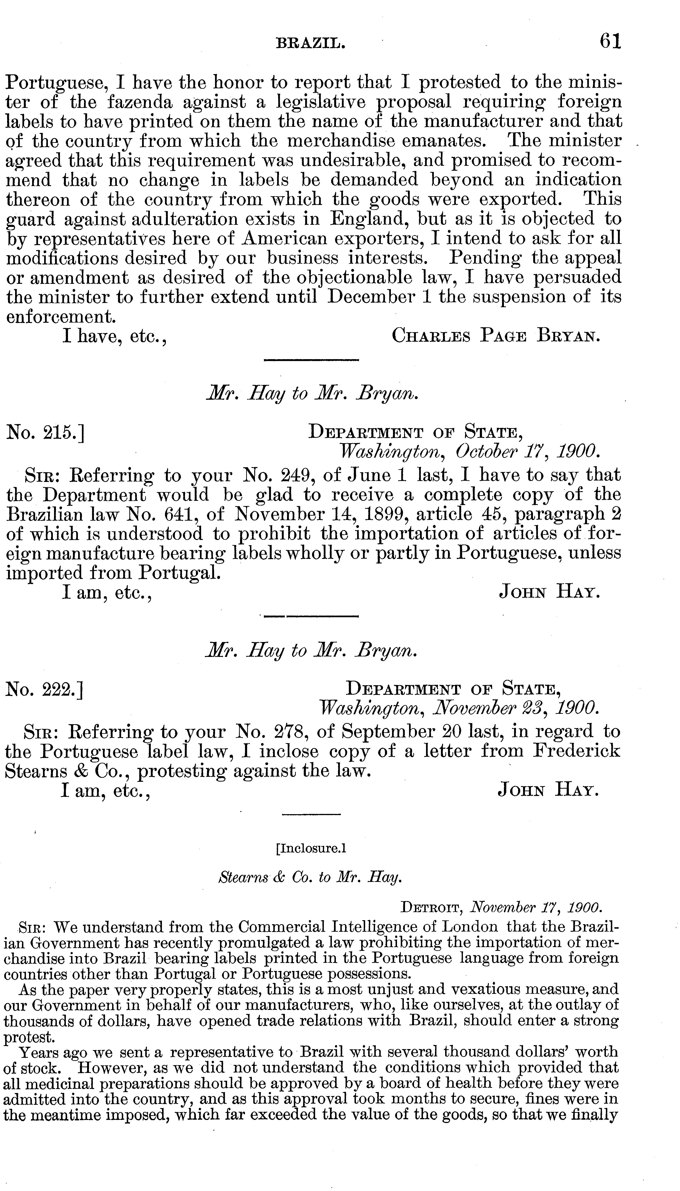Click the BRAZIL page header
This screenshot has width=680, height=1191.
311,44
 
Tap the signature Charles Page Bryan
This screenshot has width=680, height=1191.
495,336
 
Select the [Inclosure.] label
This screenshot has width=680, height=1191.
311,847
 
